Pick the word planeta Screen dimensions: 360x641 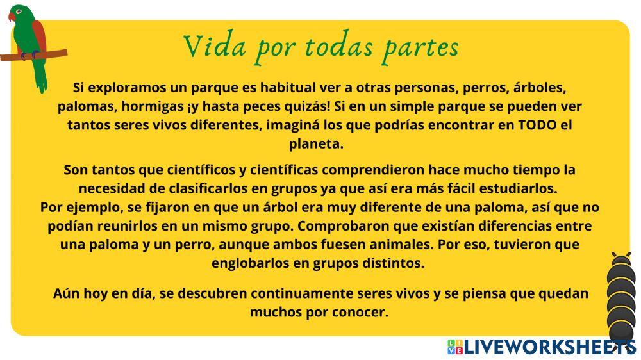316,144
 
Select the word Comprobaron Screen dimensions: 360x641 340,226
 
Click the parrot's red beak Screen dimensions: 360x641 12,17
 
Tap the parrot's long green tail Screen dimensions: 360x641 41,76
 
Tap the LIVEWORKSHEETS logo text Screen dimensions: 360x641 549,347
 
